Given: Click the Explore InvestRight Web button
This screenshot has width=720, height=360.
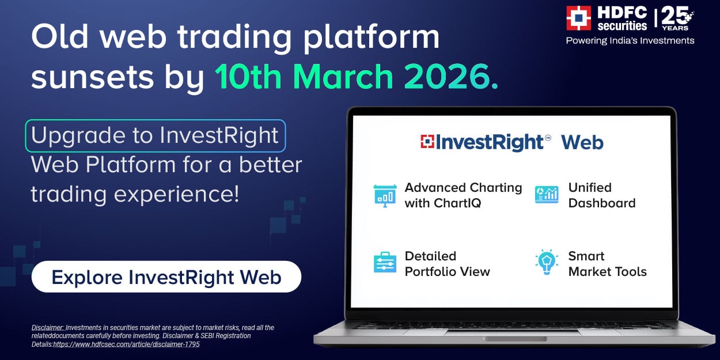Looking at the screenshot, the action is tap(166, 276).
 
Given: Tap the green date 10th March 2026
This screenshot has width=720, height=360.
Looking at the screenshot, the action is tap(357, 77).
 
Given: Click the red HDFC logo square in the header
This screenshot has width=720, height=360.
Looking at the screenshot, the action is tap(578, 18).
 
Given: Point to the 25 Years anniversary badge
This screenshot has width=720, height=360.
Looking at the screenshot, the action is tap(677, 18).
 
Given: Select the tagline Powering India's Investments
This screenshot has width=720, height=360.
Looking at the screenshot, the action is tap(630, 41).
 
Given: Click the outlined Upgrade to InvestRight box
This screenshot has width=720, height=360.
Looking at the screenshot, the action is tap(156, 135).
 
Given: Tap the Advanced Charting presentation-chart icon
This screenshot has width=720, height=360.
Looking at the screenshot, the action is tap(385, 196).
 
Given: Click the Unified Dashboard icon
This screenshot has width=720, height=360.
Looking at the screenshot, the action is tap(547, 195).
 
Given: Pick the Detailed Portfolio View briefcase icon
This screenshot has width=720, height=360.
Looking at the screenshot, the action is tap(385, 262).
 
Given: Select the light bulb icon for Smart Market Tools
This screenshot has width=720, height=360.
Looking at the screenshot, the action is tap(547, 262).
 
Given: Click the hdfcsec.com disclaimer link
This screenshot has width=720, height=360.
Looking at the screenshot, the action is tap(126, 344).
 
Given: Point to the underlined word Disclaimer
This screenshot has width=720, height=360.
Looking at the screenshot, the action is tap(48, 328).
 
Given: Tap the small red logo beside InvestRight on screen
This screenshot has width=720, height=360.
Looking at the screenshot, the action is tap(427, 142).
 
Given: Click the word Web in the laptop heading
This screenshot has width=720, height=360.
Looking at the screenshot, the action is tap(582, 142).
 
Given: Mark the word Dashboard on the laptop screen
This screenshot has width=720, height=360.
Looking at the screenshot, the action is tap(602, 203).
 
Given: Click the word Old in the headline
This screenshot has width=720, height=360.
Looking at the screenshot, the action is tap(60, 36).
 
